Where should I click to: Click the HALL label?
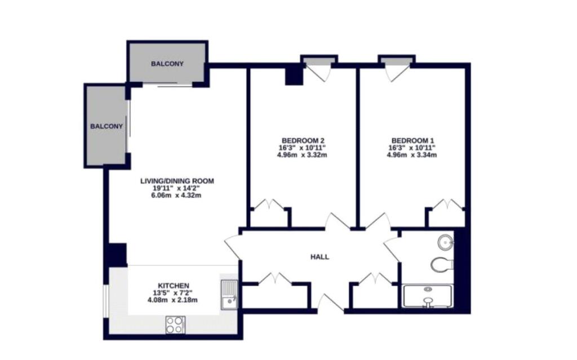[319, 257]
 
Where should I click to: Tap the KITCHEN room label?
[174, 286]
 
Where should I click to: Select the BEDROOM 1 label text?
[412, 141]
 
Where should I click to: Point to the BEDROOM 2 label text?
[303, 141]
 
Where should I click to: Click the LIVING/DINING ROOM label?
[177, 181]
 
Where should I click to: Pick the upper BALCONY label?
[167, 64]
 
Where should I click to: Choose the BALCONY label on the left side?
[106, 126]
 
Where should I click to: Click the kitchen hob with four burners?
[175, 325]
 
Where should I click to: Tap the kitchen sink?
[229, 295]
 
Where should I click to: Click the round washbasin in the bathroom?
[445, 243]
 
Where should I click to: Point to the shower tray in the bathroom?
[428, 296]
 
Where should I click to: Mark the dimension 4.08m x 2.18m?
[172, 300]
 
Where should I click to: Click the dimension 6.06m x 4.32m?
[176, 195]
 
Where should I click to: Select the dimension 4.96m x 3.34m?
[412, 155]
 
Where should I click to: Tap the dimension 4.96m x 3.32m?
[302, 155]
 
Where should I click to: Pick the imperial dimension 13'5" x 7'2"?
[173, 293]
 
